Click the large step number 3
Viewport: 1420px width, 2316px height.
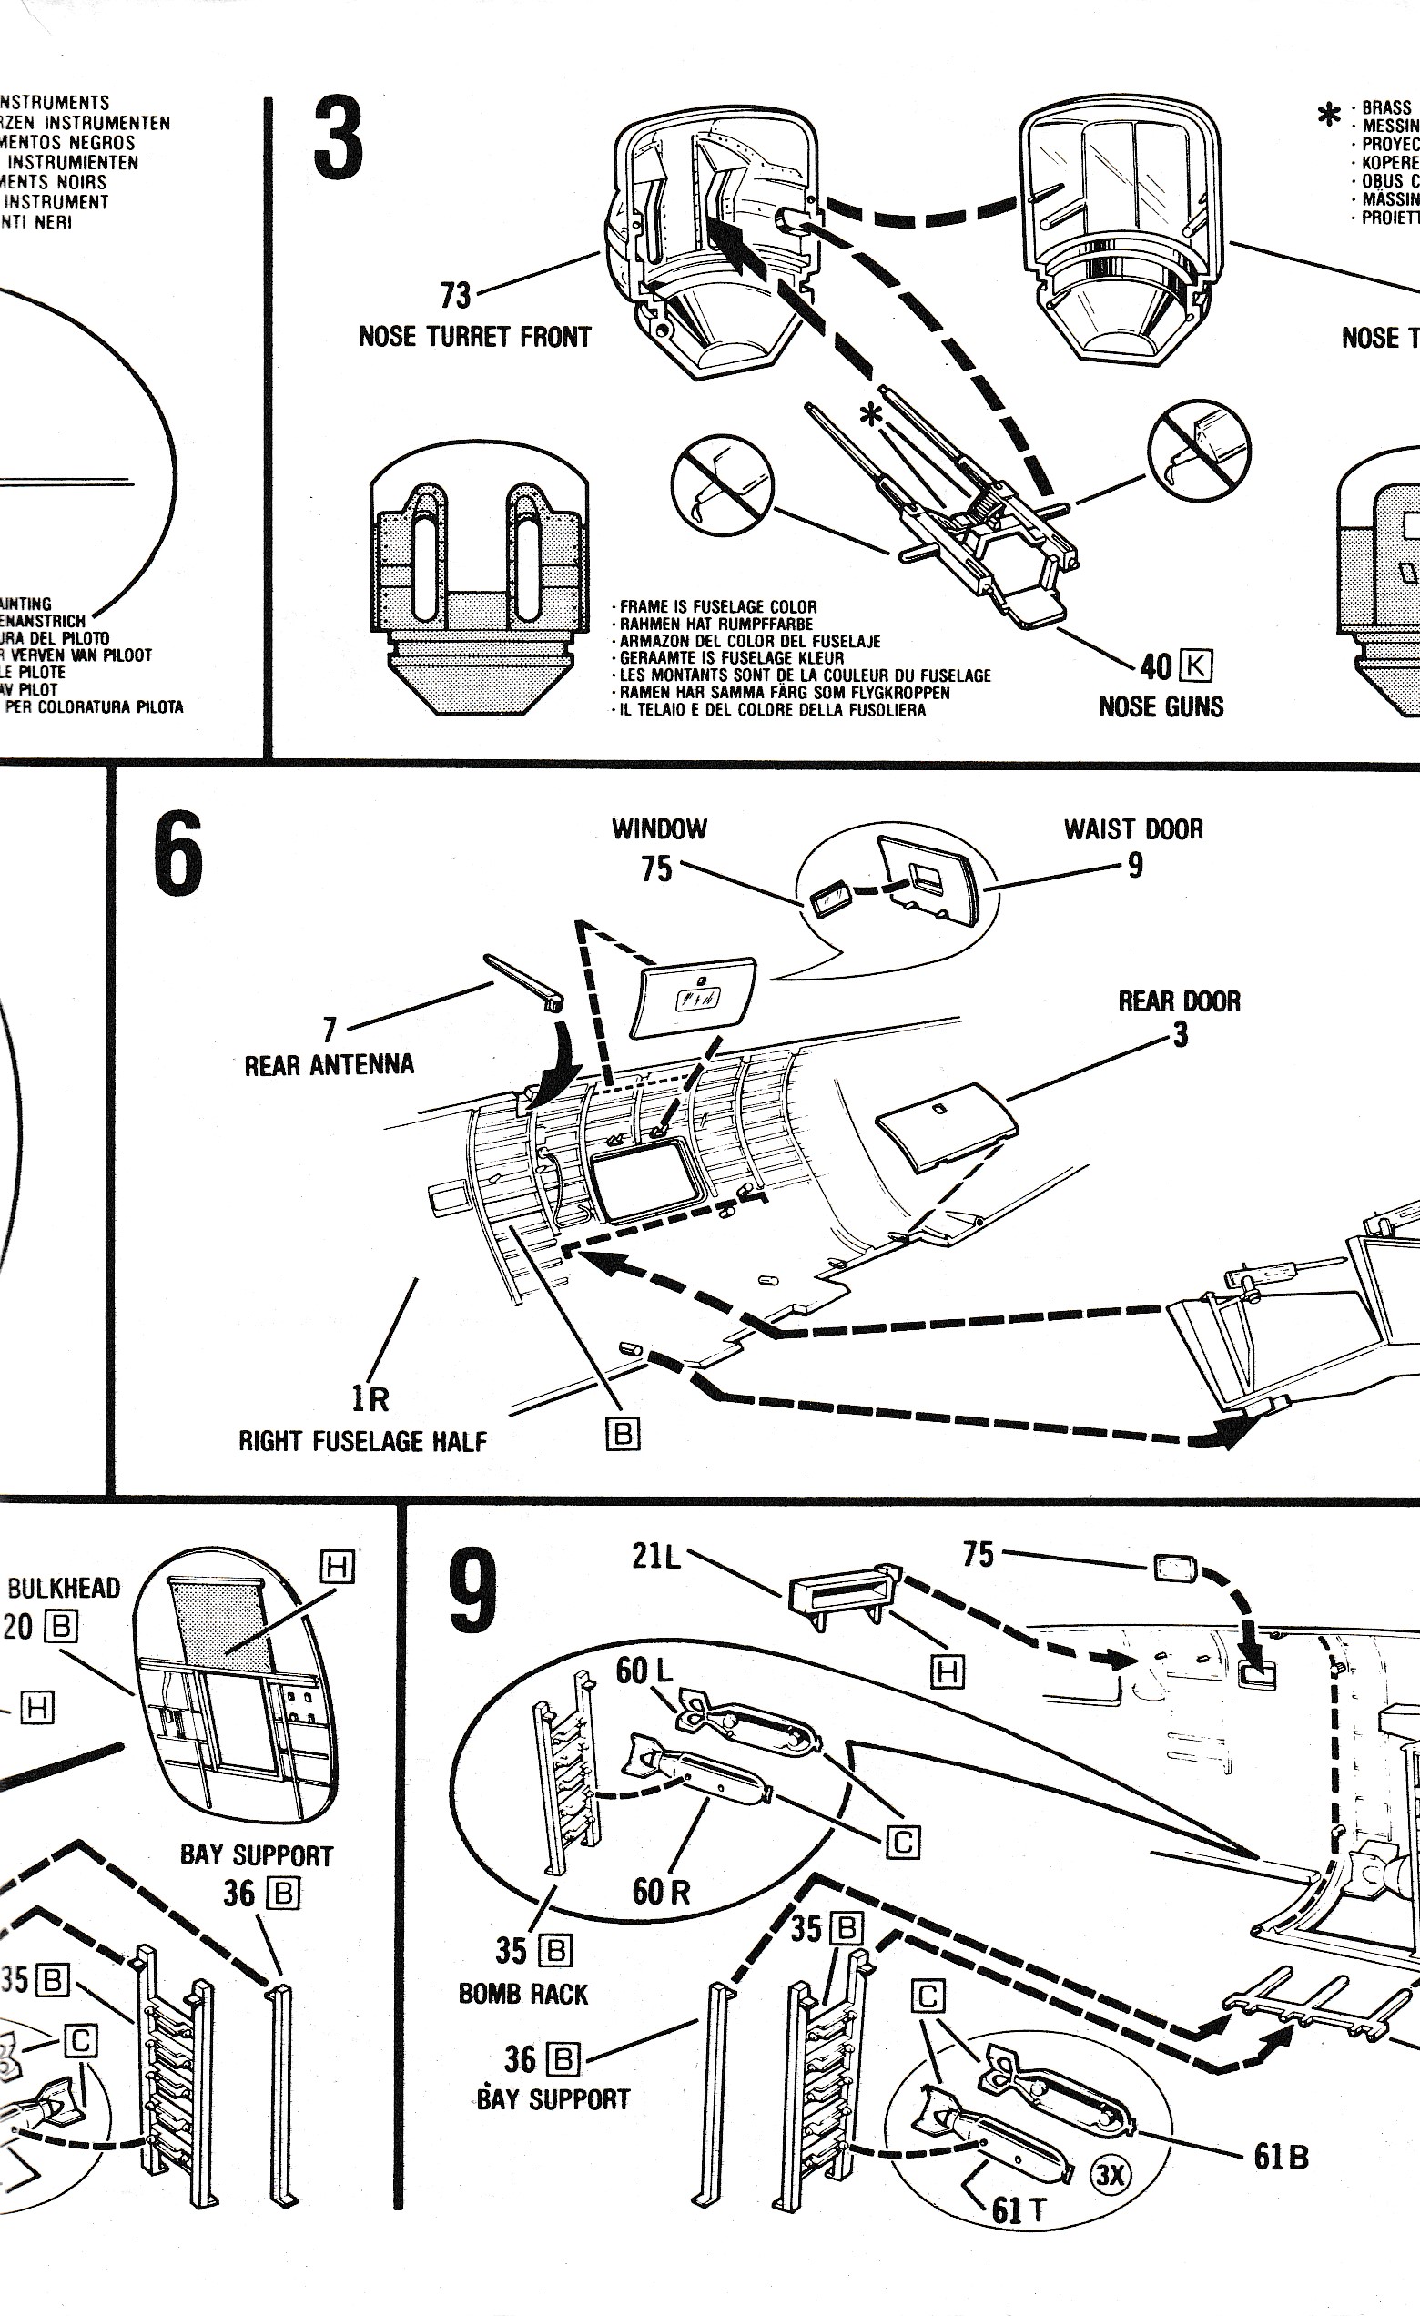[x=339, y=141]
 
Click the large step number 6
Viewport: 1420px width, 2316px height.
[x=177, y=853]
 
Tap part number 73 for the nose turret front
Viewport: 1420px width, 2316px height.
[x=455, y=295]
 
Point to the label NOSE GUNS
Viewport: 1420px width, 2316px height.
[x=1161, y=706]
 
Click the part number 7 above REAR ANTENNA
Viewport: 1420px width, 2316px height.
[x=329, y=1030]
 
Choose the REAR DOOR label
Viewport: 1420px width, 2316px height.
[x=1179, y=1001]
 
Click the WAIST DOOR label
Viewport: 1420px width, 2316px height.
[x=1132, y=829]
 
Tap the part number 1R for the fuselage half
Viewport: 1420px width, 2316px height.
[x=370, y=1398]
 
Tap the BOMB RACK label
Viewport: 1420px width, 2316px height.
[x=522, y=1994]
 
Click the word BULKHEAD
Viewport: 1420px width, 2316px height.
[x=64, y=1589]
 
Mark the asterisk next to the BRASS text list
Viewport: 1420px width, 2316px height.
[x=1329, y=116]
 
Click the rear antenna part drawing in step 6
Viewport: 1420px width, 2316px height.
[x=522, y=980]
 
